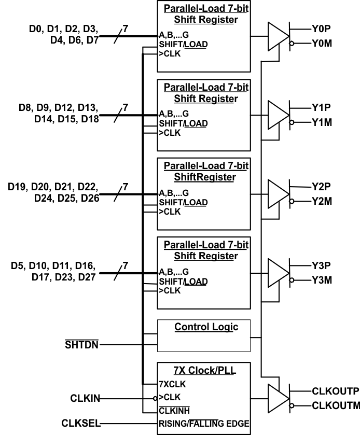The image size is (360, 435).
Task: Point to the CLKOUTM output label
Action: click(x=336, y=405)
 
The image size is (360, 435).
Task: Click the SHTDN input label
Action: click(x=81, y=344)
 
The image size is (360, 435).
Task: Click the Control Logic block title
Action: click(x=206, y=327)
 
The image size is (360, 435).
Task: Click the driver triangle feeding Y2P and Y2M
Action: click(x=278, y=193)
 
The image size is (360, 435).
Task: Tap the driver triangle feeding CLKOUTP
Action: click(x=278, y=398)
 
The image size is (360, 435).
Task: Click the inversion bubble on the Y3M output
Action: click(x=292, y=280)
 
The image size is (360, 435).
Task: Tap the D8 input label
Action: click(x=25, y=108)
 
